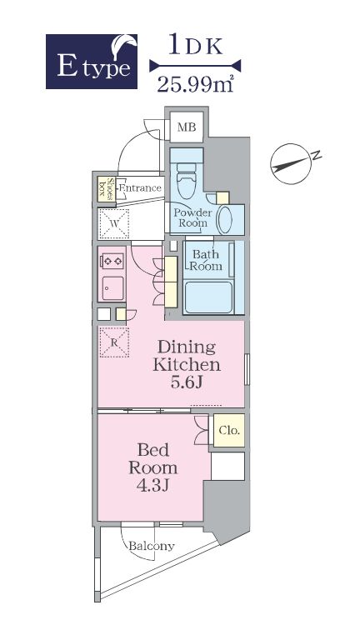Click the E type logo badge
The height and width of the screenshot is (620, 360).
tap(92, 62)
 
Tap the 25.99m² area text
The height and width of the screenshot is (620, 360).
tap(195, 83)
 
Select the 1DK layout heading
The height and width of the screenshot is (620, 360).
tap(196, 44)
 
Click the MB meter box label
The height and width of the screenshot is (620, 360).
tap(187, 127)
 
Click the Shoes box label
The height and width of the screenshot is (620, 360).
tap(107, 189)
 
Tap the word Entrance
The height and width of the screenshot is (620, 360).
tap(140, 187)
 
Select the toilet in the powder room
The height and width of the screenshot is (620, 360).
tap(187, 180)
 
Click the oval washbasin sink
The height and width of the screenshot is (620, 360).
tap(225, 220)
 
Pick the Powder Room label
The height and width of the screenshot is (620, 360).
tap(193, 217)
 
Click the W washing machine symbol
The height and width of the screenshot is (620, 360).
tap(114, 224)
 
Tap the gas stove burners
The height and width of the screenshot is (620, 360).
tap(112, 261)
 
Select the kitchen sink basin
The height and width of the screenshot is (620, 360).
tap(112, 288)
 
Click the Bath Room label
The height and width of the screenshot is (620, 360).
tap(206, 260)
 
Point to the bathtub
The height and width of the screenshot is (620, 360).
tap(208, 297)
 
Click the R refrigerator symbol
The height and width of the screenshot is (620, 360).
tap(114, 342)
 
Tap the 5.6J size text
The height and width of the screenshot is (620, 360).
tap(187, 382)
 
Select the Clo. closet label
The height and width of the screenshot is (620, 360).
tap(229, 430)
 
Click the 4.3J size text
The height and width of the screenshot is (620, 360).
tap(152, 485)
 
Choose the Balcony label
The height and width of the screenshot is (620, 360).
tap(152, 547)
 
